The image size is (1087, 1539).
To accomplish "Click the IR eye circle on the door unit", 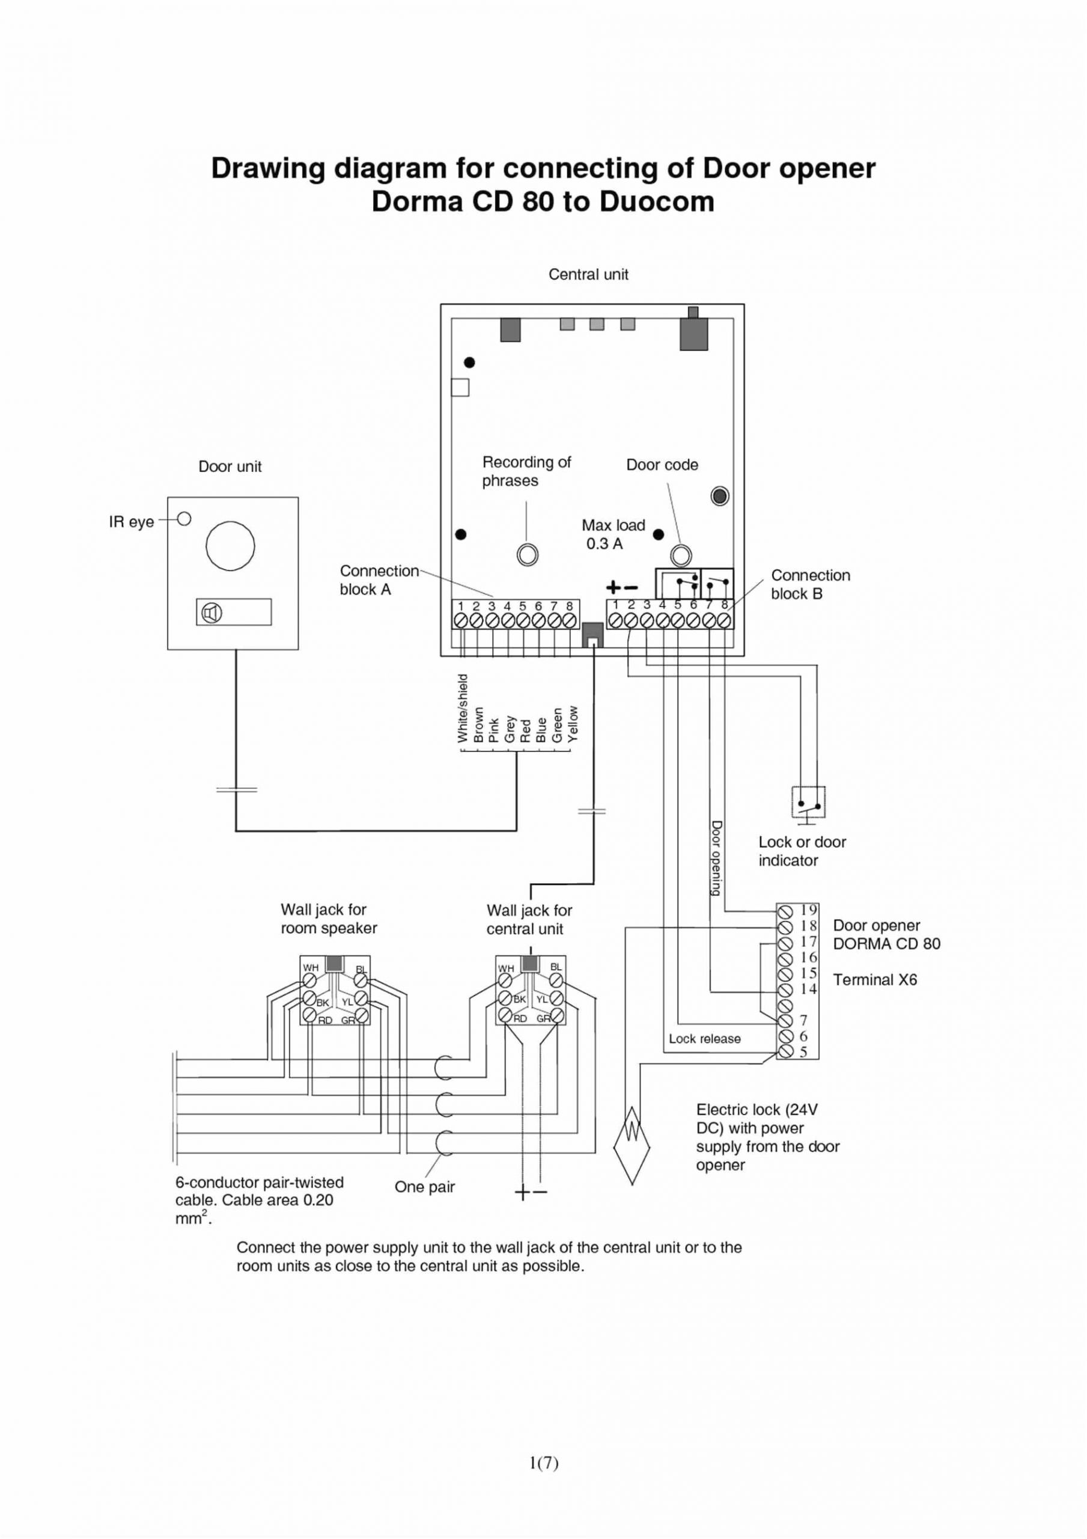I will pyautogui.click(x=184, y=519).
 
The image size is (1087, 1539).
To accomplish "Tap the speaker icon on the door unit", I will pyautogui.click(x=213, y=613).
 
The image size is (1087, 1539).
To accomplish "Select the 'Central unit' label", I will pyautogui.click(x=588, y=274).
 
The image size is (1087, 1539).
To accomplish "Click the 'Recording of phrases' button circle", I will pyautogui.click(x=528, y=554).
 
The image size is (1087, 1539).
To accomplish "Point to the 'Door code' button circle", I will pyautogui.click(x=681, y=555).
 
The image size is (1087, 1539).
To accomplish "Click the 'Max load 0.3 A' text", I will pyautogui.click(x=612, y=534).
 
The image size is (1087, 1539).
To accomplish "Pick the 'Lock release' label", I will pyautogui.click(x=704, y=1038).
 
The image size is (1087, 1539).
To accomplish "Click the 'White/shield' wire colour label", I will pyautogui.click(x=461, y=709).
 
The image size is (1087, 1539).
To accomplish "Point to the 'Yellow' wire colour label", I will pyautogui.click(x=572, y=724).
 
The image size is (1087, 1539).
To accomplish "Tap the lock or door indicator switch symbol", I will pyautogui.click(x=808, y=802).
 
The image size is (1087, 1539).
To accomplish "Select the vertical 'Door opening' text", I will pyautogui.click(x=716, y=858).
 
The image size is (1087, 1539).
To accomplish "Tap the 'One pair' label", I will pyautogui.click(x=424, y=1187).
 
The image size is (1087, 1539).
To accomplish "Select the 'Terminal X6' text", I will pyautogui.click(x=874, y=980).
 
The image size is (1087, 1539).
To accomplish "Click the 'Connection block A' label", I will pyautogui.click(x=379, y=580).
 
